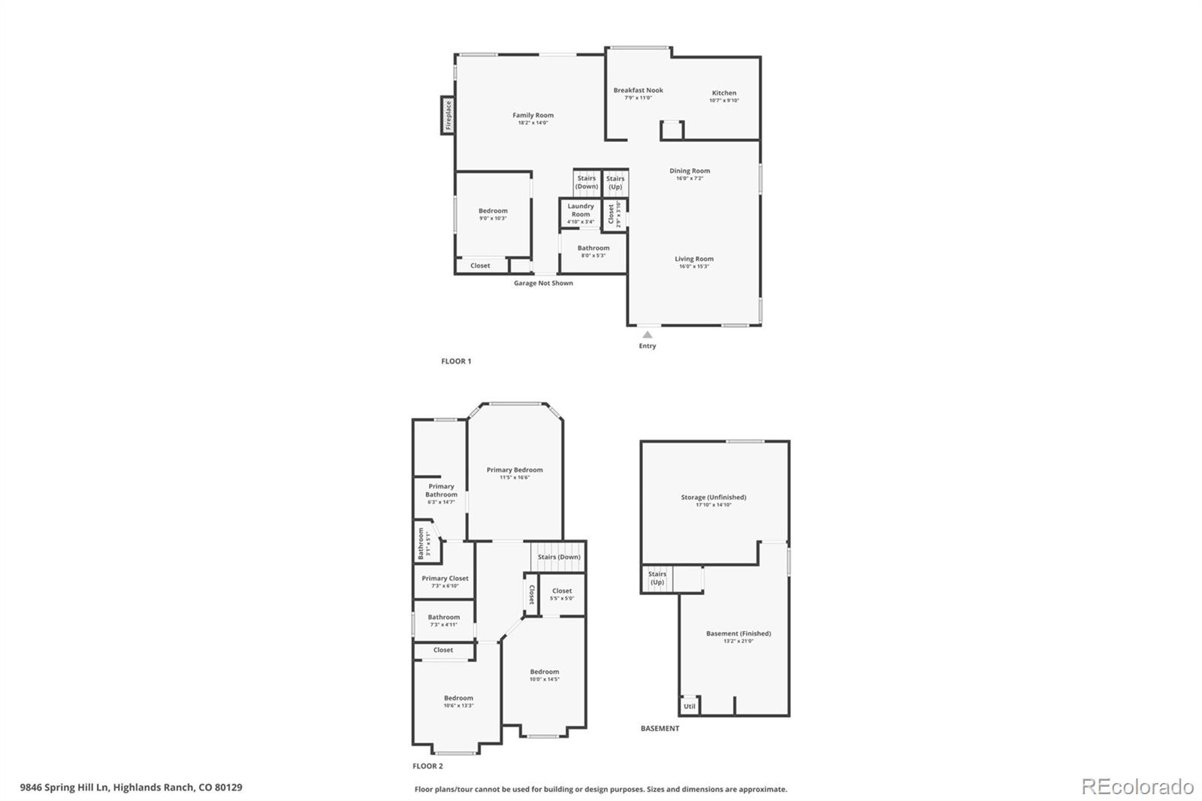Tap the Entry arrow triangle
(x=647, y=334)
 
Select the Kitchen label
(x=724, y=93)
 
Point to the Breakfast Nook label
(x=638, y=90)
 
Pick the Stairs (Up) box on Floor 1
(x=615, y=183)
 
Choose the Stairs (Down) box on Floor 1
(x=587, y=182)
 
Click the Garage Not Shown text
(x=543, y=283)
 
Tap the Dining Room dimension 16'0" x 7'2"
(x=690, y=179)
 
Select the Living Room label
(x=693, y=258)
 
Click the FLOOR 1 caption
(x=456, y=361)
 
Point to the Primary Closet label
(x=445, y=579)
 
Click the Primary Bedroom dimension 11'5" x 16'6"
(x=515, y=478)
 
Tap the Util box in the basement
(x=689, y=706)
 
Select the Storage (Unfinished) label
(x=713, y=497)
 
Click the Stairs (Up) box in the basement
(x=657, y=579)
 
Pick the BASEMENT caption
(x=660, y=728)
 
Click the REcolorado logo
(x=1137, y=787)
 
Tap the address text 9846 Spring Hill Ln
(x=65, y=788)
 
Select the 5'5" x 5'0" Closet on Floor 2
(x=562, y=594)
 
